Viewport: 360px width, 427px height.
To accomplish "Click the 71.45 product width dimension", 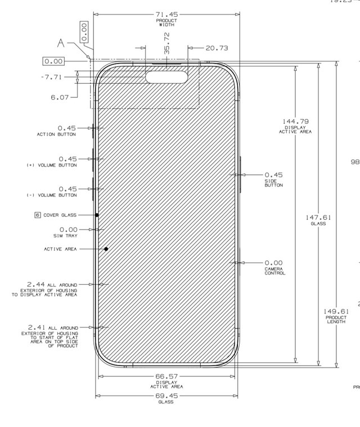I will pos(166,14).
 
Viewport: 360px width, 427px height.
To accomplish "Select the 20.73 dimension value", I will pos(217,48).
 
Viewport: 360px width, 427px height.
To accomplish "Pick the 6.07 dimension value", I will pos(60,97).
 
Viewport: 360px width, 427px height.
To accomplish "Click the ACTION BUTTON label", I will pos(56,134).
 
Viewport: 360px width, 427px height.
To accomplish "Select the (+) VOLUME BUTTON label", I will pos(52,165).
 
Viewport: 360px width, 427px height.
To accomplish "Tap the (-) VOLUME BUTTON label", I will pos(52,195).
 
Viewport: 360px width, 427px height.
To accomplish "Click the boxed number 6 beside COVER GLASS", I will pos(38,215).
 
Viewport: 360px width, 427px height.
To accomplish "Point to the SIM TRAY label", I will pos(65,236).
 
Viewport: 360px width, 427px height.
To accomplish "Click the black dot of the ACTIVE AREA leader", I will pos(106,249).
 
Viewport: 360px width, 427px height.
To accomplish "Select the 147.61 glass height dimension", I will pos(318,217).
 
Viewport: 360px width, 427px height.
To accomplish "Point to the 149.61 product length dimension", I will pos(336,311).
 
